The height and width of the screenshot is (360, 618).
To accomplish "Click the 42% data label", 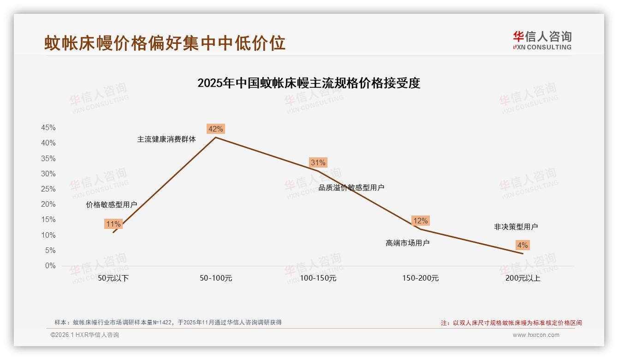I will coord(216,129).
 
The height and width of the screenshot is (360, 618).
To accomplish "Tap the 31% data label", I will coord(318,162).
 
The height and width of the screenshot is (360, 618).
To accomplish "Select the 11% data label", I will coord(113,224).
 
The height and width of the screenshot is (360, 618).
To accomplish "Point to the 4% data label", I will coord(523,245).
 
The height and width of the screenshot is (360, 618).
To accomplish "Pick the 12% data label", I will coord(421,221).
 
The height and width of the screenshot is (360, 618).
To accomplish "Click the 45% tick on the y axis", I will coord(48,128).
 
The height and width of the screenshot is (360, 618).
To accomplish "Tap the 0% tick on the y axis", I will coord(50,266).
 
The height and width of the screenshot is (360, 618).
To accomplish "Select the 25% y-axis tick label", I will coord(48,189).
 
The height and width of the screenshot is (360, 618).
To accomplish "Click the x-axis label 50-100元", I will coord(216,278).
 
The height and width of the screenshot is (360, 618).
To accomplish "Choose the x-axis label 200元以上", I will coord(523,278).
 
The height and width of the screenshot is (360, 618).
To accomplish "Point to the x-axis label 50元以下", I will coord(113,278).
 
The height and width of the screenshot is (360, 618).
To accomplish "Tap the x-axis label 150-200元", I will coord(421,278).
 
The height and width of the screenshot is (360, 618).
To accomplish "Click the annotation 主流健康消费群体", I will coord(166,139).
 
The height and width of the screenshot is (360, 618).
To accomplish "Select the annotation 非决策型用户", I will coord(516,227).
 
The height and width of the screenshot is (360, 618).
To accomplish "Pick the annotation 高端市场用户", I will coord(408,243).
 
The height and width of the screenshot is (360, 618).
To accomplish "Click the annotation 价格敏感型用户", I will coord(112,204).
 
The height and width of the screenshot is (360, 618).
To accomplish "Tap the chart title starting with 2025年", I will coord(309,84).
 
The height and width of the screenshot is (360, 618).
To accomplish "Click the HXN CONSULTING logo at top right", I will coord(542,41).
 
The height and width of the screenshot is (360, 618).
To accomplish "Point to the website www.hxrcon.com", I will coord(536,335).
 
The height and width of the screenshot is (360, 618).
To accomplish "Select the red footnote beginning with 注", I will coord(511,323).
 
